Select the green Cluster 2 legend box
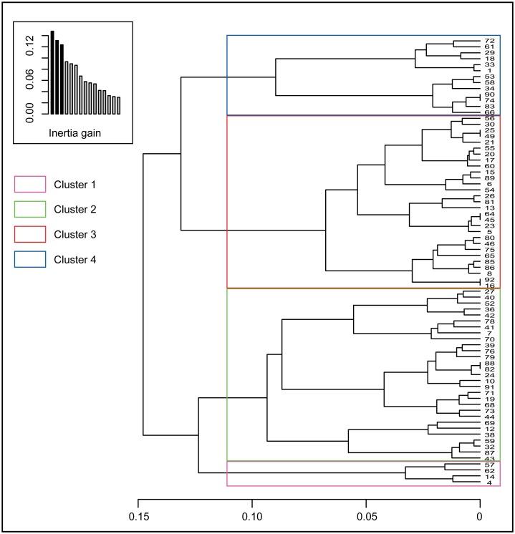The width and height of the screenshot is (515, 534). [29, 210]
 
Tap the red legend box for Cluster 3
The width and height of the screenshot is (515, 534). [29, 234]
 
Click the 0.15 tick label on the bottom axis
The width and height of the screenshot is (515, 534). [138, 514]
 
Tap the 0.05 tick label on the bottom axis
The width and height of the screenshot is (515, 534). [365, 514]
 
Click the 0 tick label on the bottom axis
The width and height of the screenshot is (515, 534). [479, 514]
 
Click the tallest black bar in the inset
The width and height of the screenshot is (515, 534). [52, 72]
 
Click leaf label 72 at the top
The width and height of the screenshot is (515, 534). [490, 41]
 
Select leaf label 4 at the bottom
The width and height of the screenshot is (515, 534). [490, 482]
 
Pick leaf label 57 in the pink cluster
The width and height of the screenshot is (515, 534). [490, 465]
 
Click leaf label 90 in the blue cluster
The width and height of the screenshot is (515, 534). [490, 94]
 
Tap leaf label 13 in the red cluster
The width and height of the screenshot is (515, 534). [490, 208]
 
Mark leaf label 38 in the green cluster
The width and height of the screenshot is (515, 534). [490, 435]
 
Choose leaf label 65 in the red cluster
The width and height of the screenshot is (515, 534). [490, 255]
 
